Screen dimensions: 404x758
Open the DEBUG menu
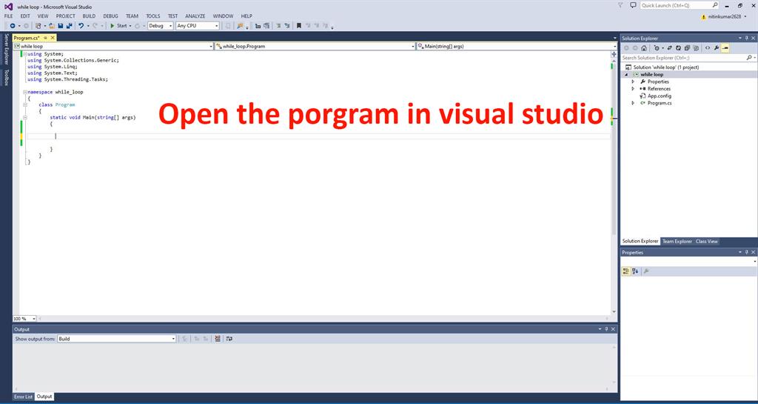(x=110, y=16)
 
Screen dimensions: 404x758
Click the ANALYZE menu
(x=195, y=16)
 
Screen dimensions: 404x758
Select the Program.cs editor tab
(x=27, y=37)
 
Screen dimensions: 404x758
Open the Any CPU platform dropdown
(x=197, y=25)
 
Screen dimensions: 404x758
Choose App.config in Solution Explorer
(x=659, y=96)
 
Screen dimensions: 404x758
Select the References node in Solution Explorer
(x=659, y=89)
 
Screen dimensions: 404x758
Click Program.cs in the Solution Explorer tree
(x=660, y=103)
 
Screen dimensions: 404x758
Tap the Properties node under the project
(x=658, y=82)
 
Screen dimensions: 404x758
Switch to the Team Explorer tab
(x=677, y=241)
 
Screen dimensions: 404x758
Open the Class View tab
(x=706, y=241)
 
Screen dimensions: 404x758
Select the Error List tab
(x=23, y=397)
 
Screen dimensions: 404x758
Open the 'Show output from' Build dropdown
(x=117, y=339)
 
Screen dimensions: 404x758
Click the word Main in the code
(x=89, y=117)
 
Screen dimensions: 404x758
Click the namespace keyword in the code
(x=40, y=92)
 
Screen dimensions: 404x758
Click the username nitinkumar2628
(x=724, y=16)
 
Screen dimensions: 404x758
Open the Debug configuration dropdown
(x=161, y=25)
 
